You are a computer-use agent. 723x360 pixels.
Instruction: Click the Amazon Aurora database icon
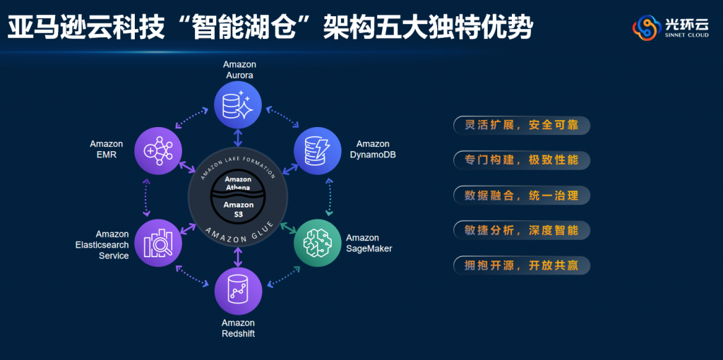tap(239, 104)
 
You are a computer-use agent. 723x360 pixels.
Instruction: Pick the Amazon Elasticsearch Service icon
tap(159, 243)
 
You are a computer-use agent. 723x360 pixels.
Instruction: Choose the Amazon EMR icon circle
tap(159, 149)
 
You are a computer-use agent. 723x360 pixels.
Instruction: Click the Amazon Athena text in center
tap(239, 183)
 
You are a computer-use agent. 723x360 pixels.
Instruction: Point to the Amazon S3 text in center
tap(239, 209)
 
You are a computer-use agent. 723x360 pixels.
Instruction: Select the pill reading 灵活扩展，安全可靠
tap(521, 126)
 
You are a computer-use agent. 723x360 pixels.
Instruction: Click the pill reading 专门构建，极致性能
tap(521, 160)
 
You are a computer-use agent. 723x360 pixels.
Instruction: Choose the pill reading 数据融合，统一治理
tap(521, 196)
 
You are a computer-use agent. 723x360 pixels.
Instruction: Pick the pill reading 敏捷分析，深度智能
tap(521, 230)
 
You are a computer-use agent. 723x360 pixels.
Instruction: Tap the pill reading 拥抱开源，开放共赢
tap(521, 265)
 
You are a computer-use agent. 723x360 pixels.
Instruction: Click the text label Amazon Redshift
tap(239, 328)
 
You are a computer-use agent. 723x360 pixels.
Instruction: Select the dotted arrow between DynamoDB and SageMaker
tap(329, 196)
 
